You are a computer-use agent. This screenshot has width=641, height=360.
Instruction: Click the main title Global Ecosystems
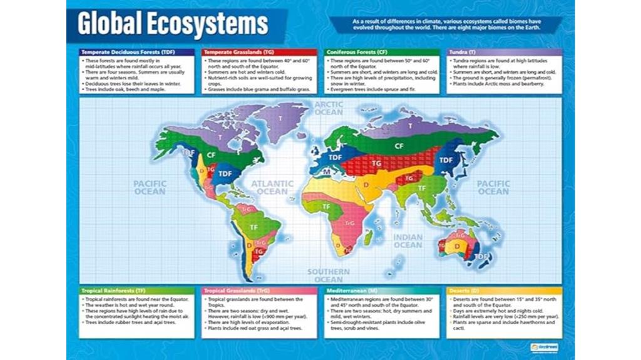tap(173, 24)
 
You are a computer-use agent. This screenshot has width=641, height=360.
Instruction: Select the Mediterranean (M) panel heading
tap(353, 291)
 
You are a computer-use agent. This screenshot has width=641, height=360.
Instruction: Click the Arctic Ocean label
tap(329, 108)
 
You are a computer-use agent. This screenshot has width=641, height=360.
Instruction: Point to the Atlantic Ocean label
tap(272, 187)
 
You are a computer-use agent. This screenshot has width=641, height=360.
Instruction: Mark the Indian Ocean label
tap(408, 241)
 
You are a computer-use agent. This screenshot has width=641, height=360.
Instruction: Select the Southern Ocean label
tap(329, 275)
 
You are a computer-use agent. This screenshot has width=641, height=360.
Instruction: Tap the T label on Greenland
tap(281, 118)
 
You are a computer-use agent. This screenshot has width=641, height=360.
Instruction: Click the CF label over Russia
tap(398, 145)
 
